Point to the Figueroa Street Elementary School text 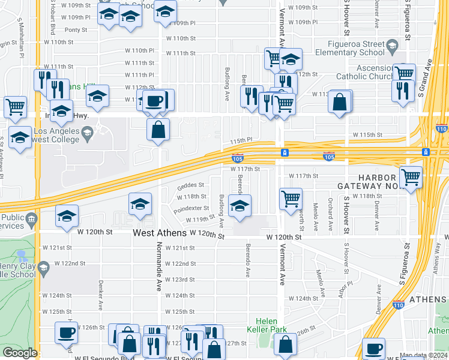tap(355, 48)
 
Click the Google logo tap(20, 353)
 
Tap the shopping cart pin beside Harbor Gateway tap(411, 177)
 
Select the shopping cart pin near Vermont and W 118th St tap(291, 197)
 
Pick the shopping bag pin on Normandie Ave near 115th tap(158, 129)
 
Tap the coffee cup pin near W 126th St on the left tap(66, 332)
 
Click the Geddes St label tap(190, 185)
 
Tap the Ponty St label tap(76, 29)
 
